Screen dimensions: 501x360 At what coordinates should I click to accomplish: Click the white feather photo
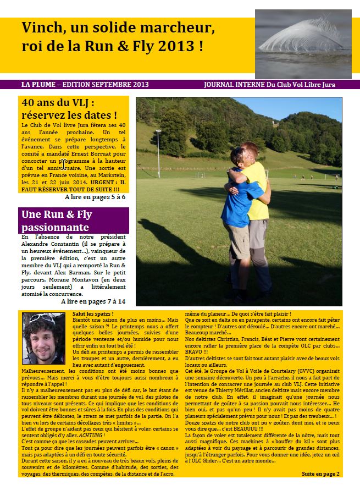pos(303,43)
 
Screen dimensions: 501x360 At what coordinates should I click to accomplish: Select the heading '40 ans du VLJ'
pos(58,102)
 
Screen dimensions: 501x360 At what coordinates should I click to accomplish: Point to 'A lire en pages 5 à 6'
pos(95,197)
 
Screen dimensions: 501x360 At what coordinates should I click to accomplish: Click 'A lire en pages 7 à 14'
pos(93,301)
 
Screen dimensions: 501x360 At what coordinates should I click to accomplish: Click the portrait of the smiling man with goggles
pos(43,338)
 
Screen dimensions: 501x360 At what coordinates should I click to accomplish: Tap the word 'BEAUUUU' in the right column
pos(250,427)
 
